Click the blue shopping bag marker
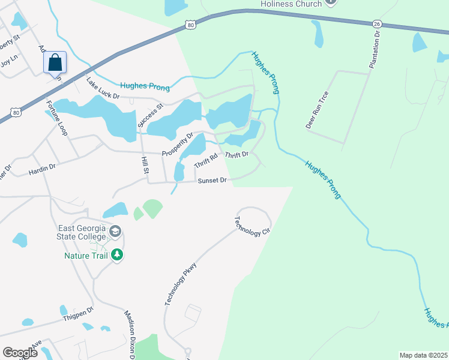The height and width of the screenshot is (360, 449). [55, 62]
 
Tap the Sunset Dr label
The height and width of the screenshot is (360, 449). [211, 180]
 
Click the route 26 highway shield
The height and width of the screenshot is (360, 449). [376, 23]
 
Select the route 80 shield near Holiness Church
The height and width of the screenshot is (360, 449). [190, 25]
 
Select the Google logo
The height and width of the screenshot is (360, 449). [20, 352]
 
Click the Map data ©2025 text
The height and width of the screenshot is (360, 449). [423, 355]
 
